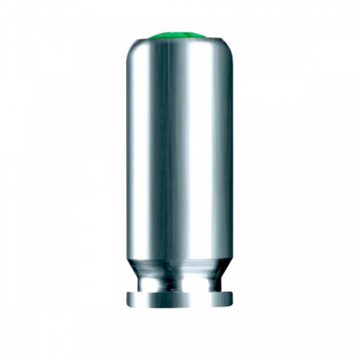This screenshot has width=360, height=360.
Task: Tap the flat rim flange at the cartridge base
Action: click(x=179, y=300)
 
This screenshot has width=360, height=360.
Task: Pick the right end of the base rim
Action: click(x=231, y=299)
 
